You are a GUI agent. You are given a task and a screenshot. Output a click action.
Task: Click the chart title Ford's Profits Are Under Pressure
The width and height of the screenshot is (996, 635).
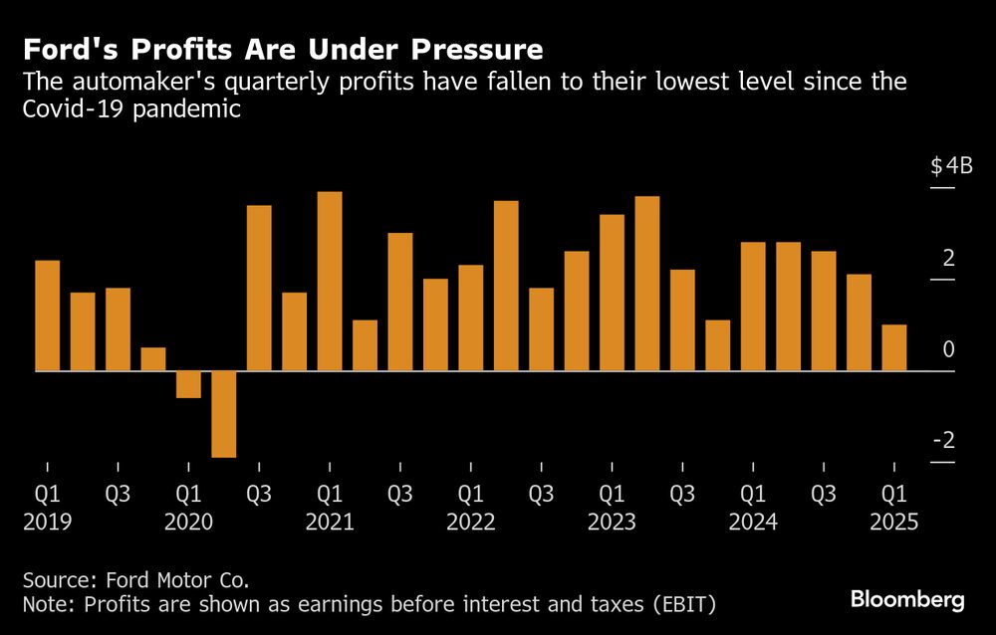(x=284, y=50)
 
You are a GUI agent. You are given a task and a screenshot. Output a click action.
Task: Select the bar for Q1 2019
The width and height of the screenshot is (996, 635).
(x=48, y=316)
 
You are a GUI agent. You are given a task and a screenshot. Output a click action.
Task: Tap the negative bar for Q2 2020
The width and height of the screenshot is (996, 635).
(x=224, y=414)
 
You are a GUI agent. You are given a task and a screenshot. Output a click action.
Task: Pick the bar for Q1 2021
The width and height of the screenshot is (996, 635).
(x=330, y=282)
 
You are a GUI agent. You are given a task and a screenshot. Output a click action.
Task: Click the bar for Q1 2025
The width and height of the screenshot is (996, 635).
(x=894, y=347)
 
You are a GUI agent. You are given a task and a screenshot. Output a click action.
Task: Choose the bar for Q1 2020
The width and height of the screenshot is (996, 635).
(x=189, y=384)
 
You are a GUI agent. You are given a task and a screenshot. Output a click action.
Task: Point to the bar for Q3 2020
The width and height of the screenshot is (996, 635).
(x=259, y=289)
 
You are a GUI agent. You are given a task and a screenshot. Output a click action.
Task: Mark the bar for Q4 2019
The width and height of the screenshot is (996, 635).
(x=153, y=359)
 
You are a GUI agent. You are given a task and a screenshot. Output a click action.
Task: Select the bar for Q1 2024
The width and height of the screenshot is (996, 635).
(x=754, y=307)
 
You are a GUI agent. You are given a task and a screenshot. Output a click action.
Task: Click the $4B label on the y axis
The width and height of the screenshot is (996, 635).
(x=951, y=167)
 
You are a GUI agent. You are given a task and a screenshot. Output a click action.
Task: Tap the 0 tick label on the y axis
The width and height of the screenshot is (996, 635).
(x=949, y=349)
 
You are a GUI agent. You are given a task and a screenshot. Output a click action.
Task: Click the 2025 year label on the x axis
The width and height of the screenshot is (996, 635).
(x=894, y=522)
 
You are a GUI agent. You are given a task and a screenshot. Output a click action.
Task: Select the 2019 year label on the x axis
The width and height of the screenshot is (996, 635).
(x=48, y=522)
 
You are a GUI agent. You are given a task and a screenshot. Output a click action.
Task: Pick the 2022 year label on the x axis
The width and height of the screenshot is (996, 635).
(x=471, y=522)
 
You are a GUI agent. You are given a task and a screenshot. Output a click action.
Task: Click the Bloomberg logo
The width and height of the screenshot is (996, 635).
(x=907, y=599)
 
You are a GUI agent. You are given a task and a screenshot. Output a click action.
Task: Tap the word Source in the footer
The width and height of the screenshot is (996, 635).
(x=57, y=578)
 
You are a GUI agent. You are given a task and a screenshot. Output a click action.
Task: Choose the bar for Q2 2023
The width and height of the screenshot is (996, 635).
(x=647, y=284)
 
